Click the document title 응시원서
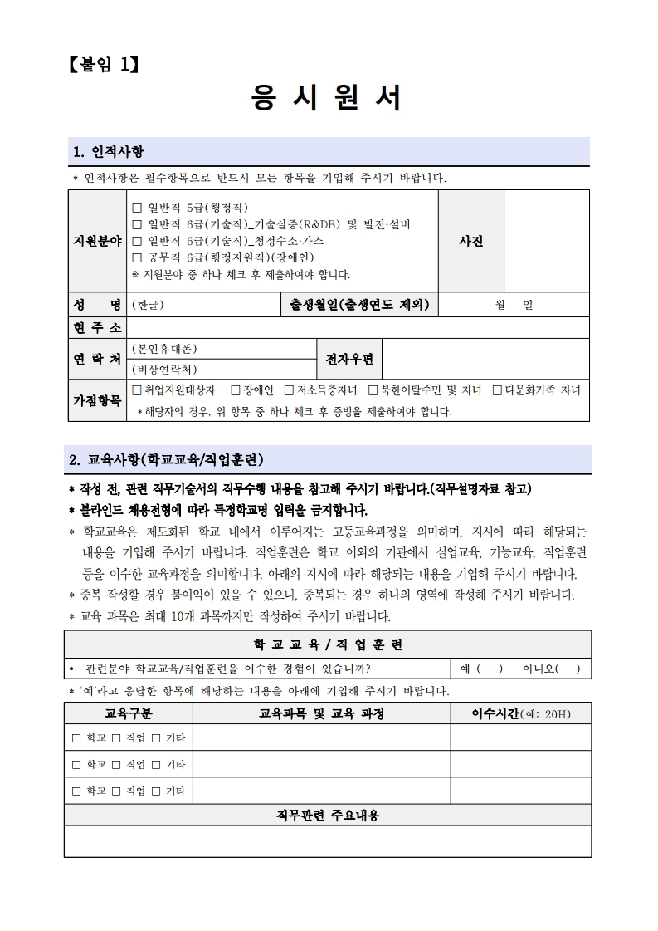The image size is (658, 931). coord(328,98)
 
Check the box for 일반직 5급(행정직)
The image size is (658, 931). coord(138,208)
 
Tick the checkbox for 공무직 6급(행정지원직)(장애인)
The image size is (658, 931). coord(138,257)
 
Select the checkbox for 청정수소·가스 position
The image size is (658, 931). coord(138,241)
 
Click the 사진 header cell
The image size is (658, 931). coord(470,241)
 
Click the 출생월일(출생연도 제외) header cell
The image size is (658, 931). coord(359,305)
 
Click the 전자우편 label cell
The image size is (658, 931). coord(349,359)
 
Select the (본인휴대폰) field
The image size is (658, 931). coord(221,349)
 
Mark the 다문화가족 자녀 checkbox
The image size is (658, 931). coord(497,390)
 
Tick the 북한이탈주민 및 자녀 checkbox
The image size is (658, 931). coord(373,390)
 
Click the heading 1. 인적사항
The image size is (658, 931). coord(109,151)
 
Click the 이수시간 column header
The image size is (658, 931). coord(520,713)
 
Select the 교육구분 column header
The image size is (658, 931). coord(129,713)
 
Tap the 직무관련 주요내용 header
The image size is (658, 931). coord(328,816)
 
